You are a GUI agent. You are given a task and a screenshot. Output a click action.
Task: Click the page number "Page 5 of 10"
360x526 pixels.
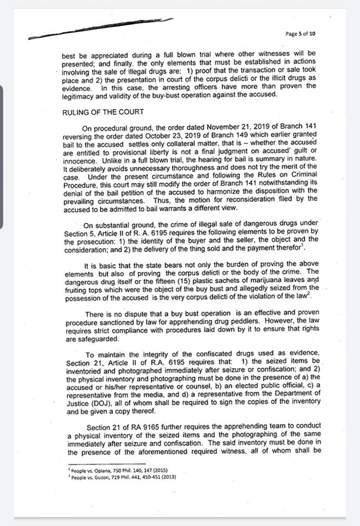(300, 34)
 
